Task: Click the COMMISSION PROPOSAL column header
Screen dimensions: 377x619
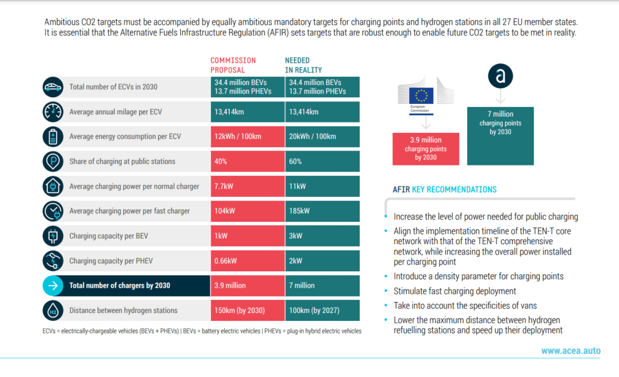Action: [x=233, y=65]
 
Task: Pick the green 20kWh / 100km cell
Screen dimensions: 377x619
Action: [x=322, y=137]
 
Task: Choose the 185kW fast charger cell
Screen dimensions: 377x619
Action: [x=322, y=211]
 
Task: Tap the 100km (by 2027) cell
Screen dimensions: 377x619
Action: [x=322, y=311]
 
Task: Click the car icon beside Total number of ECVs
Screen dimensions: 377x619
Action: [x=53, y=87]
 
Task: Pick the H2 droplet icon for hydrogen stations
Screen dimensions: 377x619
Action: [x=53, y=311]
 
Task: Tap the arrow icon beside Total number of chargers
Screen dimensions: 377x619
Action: [x=53, y=285]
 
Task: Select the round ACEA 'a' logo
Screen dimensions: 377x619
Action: [x=500, y=76]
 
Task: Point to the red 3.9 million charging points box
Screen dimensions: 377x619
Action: [x=426, y=148]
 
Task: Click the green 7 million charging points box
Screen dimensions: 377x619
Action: [x=500, y=135]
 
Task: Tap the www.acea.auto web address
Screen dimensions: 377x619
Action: [x=570, y=350]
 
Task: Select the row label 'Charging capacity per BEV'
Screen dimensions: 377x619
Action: [x=109, y=236]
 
